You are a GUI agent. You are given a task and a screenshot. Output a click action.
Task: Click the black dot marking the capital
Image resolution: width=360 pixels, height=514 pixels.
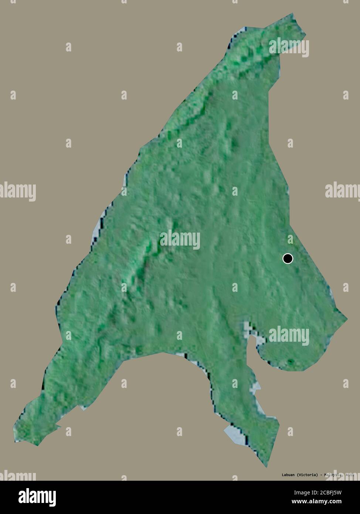tap(288, 258)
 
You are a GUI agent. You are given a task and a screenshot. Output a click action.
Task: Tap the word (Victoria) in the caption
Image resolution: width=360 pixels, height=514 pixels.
tap(307, 474)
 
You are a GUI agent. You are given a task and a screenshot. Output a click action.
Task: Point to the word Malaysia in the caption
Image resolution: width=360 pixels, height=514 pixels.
tap(333, 474)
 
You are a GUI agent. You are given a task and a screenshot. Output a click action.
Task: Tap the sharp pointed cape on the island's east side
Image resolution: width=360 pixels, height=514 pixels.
tap(347, 318)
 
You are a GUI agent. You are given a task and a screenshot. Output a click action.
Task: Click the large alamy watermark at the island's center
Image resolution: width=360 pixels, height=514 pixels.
tap(180, 239)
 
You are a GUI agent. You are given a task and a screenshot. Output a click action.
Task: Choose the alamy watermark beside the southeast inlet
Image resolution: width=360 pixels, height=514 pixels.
tap(289, 335)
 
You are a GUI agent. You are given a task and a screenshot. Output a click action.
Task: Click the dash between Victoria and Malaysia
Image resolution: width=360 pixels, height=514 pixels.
tap(320, 474)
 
